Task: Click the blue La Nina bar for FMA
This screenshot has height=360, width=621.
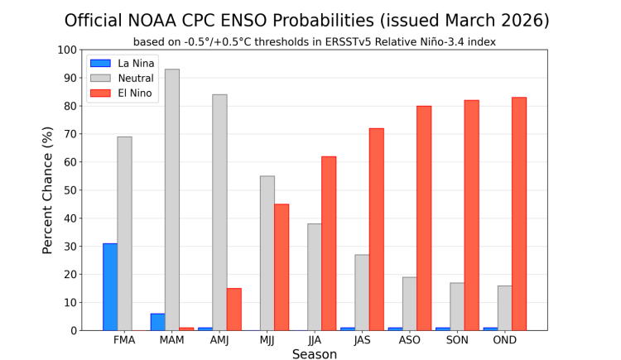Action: click(110, 286)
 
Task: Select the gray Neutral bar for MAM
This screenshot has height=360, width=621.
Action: click(172, 199)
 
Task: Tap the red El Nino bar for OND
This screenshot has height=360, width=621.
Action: click(519, 214)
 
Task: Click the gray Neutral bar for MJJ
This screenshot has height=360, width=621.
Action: click(267, 252)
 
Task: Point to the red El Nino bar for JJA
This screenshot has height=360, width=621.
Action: click(329, 243)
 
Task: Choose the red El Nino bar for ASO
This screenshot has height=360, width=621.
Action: click(424, 218)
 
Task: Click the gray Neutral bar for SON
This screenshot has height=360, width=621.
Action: click(457, 306)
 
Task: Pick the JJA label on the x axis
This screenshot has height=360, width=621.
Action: click(315, 340)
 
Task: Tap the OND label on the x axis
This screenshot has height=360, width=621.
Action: click(504, 340)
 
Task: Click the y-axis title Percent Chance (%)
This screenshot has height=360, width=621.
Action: click(48, 190)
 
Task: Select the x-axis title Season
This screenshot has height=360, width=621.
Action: click(315, 354)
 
